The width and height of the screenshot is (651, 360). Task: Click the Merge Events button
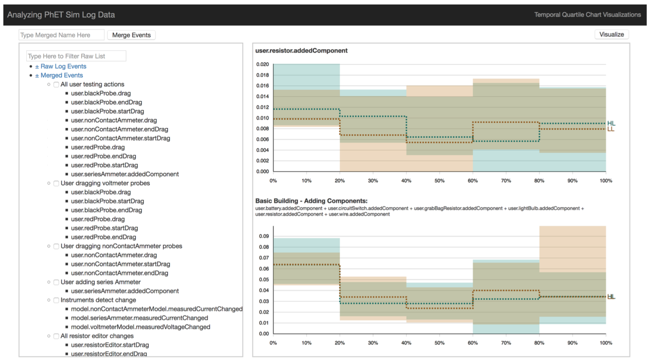pos(131,35)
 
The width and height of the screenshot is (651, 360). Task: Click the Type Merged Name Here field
pos(61,35)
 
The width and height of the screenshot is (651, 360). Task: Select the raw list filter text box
pos(76,56)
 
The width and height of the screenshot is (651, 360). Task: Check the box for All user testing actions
pos(56,85)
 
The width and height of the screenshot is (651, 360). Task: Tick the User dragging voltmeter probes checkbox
pos(56,183)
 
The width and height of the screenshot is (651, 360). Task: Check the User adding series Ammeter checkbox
pos(56,282)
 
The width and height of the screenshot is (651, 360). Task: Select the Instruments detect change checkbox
pos(56,300)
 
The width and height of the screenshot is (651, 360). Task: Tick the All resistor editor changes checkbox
pos(56,336)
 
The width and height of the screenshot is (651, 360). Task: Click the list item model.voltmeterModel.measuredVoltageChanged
pos(141,327)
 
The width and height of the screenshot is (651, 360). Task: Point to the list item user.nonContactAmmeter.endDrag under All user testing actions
pos(119,129)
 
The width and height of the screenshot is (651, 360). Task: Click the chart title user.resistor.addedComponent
pos(301,51)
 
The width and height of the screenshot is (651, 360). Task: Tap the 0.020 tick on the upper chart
pos(263,64)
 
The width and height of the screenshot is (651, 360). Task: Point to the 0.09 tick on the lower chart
pos(264,236)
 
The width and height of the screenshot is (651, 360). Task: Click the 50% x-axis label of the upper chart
pos(439,181)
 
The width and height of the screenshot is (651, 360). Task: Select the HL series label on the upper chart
pos(611,123)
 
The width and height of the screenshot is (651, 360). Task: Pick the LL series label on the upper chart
pos(611,129)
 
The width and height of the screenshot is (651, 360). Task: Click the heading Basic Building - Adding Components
pos(311,201)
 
